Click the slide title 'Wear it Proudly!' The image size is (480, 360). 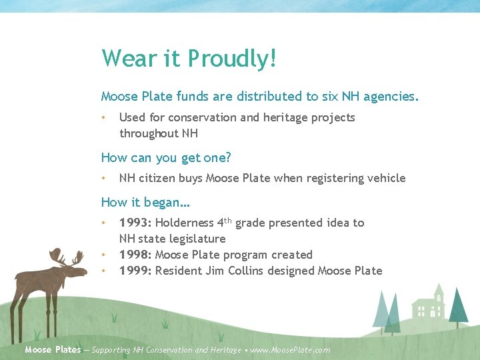click(189, 59)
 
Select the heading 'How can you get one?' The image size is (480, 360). click(166, 157)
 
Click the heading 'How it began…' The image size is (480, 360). click(145, 202)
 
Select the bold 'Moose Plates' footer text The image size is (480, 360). click(53, 349)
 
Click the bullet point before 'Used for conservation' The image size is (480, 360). click(104, 117)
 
